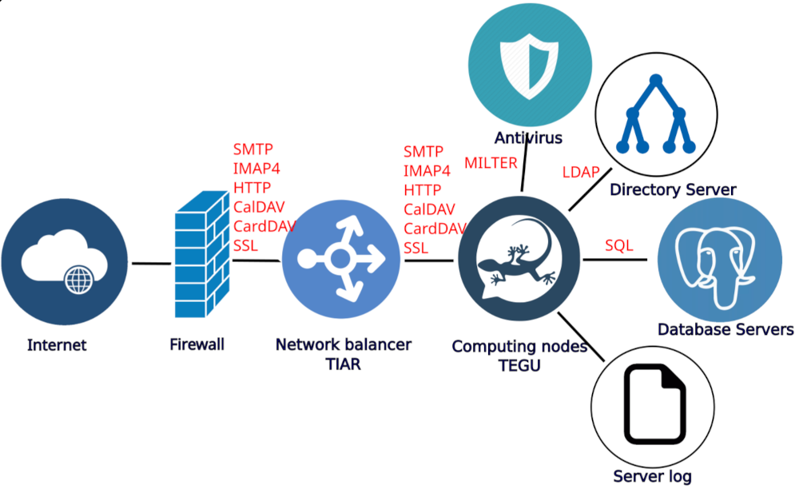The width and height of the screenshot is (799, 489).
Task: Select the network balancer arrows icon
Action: coord(340,259)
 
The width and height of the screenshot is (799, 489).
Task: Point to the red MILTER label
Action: coord(491,163)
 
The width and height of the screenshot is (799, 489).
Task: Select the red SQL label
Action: coord(618,245)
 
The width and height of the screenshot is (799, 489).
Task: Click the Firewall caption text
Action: coord(197,345)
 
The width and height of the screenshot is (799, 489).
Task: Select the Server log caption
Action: coord(652,477)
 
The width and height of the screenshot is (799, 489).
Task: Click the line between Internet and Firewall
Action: coord(151,262)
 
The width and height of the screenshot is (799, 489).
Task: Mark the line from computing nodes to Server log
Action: coord(577,333)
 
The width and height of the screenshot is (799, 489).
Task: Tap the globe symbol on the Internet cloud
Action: coord(78,279)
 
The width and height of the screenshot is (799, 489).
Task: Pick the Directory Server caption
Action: coord(672,190)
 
